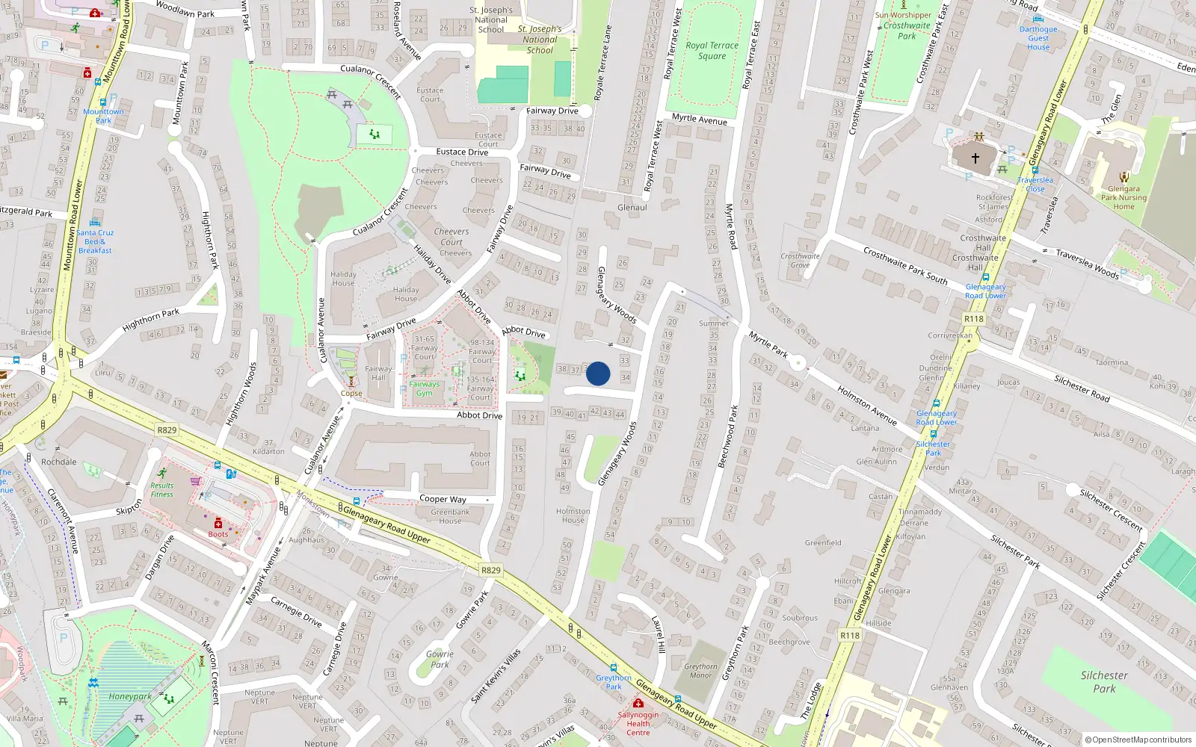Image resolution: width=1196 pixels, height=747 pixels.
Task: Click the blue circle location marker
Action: [x=598, y=373]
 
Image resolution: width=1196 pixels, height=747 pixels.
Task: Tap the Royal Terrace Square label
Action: [x=712, y=50]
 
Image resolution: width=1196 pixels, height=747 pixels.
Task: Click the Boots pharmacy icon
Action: [x=218, y=524]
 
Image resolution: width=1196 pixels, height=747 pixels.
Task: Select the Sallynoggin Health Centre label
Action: [x=638, y=723]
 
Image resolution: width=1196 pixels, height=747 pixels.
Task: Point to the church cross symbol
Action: [x=975, y=158]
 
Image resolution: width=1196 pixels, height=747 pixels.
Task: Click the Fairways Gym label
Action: [x=424, y=388]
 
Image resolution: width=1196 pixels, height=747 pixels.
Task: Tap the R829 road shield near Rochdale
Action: [x=167, y=430]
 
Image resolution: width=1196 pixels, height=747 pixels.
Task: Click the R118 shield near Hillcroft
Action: [x=849, y=635]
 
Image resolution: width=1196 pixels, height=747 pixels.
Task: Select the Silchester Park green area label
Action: [x=1104, y=681]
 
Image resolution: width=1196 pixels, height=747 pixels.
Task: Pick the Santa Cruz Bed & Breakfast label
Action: [x=95, y=241]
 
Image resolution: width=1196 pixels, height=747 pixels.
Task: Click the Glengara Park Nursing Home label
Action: [x=1123, y=197]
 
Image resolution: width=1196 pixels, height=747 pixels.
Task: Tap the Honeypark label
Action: [x=130, y=696]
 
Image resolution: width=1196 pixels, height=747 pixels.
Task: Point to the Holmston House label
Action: [x=573, y=515]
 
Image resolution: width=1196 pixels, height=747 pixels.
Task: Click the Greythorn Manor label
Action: [x=700, y=671]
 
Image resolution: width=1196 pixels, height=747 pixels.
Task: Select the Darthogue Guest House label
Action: [x=1038, y=38]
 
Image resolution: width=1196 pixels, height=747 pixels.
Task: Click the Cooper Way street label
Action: [x=443, y=499]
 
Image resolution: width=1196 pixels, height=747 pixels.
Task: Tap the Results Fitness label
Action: [x=161, y=489]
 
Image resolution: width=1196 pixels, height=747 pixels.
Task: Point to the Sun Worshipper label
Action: [x=903, y=15]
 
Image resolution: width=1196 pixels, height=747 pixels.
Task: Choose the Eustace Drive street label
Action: [x=462, y=152]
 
